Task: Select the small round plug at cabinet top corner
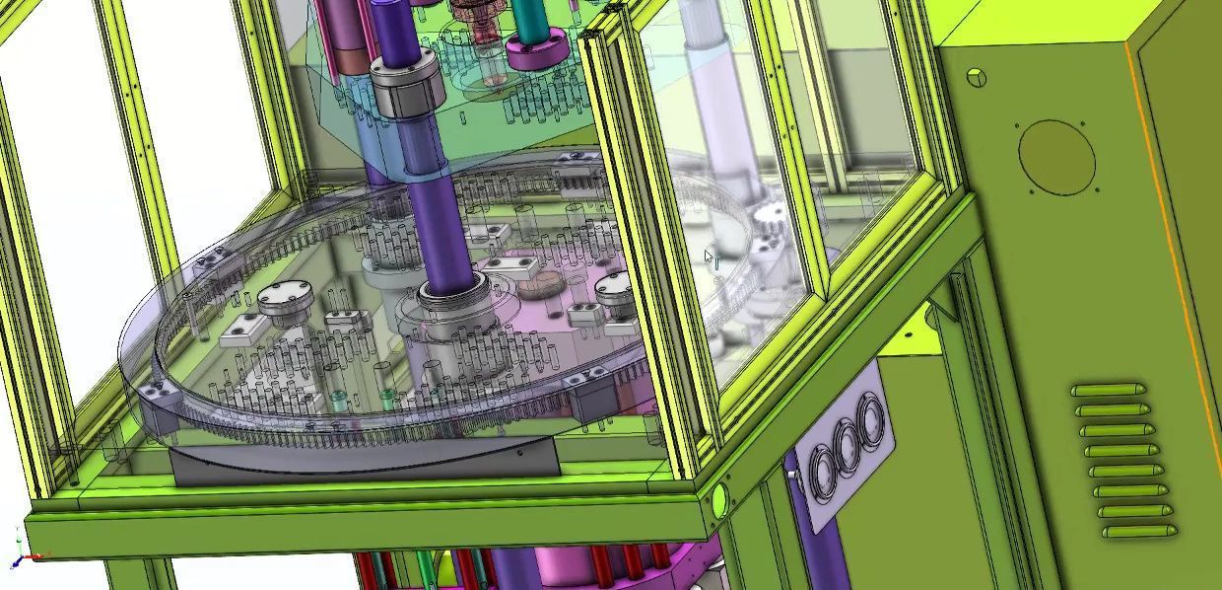coord(977,77)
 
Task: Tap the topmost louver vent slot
coord(1109,391)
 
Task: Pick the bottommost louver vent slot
coord(1139,532)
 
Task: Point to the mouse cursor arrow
coord(710,258)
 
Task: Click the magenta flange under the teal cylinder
coord(534,51)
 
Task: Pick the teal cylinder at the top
coord(532,18)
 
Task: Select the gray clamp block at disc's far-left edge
coord(155,395)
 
